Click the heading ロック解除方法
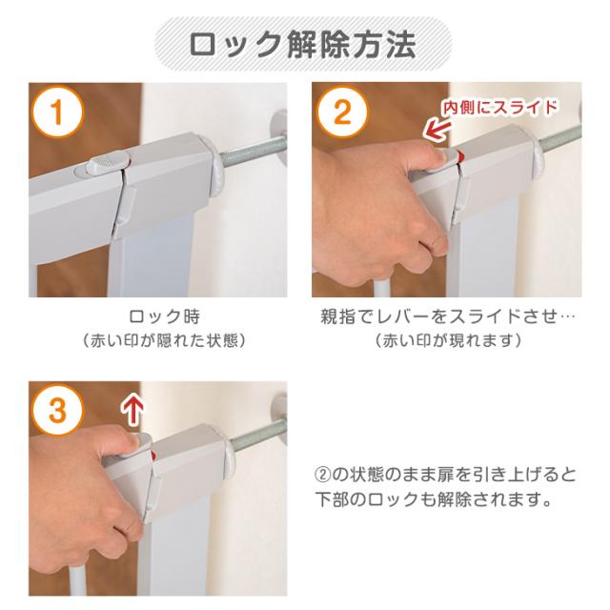[x=303, y=45]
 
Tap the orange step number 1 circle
[x=57, y=112]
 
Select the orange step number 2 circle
[x=342, y=112]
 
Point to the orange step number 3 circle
[x=57, y=411]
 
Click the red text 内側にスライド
[x=499, y=107]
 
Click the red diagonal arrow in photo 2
[x=436, y=131]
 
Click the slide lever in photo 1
[x=107, y=164]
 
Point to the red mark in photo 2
[x=460, y=156]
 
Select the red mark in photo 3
[x=153, y=456]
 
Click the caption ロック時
[x=164, y=316]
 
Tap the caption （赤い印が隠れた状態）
[x=164, y=341]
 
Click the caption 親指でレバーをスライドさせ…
[x=447, y=316]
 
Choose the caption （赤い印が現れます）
[x=447, y=341]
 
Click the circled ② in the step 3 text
[x=322, y=475]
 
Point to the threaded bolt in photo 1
[x=253, y=149]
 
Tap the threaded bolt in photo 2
[x=560, y=139]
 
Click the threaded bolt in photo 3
[x=257, y=435]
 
